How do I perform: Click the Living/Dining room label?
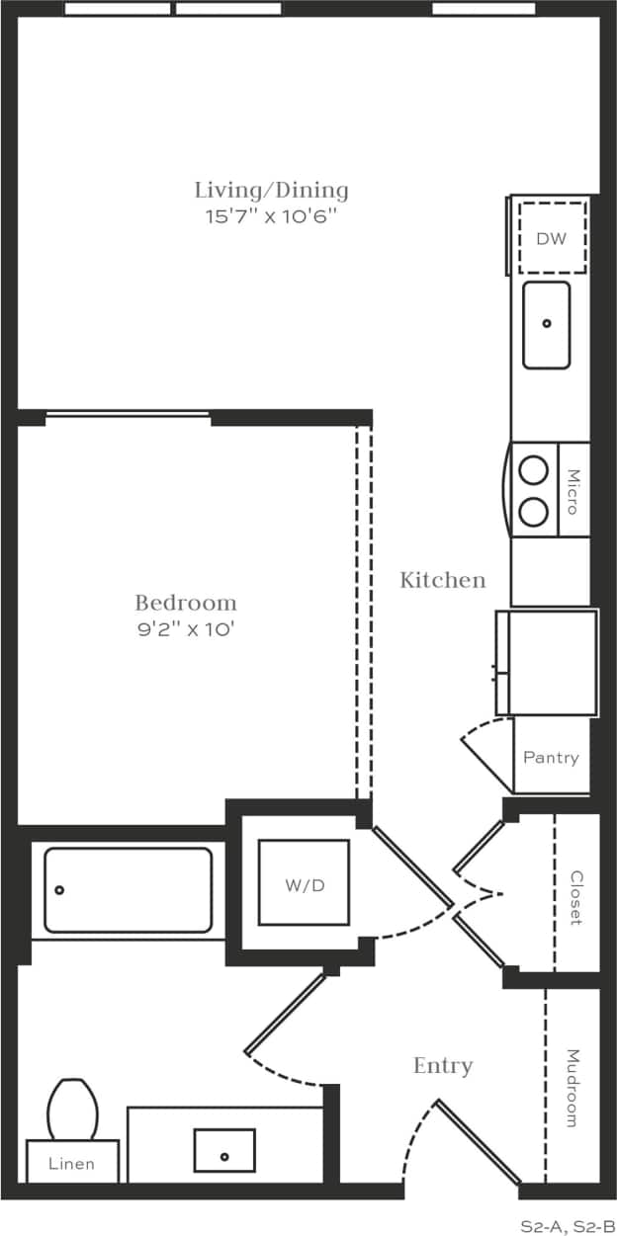[271, 191]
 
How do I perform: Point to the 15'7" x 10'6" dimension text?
[271, 217]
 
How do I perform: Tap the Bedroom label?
[186, 603]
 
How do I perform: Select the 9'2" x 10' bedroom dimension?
[186, 629]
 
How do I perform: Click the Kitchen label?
[442, 580]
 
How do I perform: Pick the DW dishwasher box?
[552, 238]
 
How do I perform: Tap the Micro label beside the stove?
[573, 490]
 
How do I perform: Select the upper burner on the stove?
[534, 471]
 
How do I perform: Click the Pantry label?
[551, 758]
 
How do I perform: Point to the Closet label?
[575, 897]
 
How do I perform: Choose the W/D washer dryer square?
[305, 882]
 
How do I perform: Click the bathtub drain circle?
[59, 890]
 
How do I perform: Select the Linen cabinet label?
[72, 1164]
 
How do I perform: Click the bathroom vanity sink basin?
[224, 1151]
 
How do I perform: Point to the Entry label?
[442, 1066]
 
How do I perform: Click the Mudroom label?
[573, 1088]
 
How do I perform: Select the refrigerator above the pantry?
[547, 662]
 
